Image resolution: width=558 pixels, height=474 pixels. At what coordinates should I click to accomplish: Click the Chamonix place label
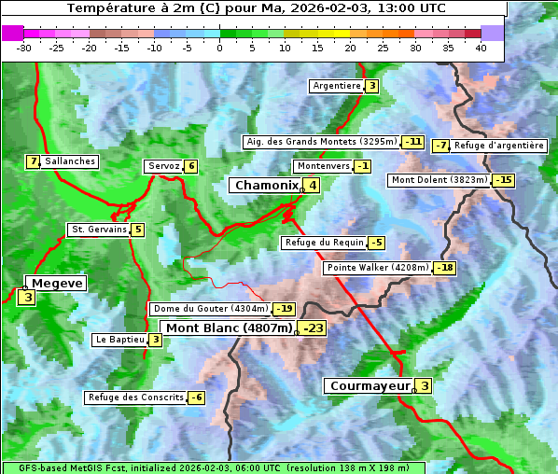point(266,186)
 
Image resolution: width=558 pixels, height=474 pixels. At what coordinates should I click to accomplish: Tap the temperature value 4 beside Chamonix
point(313,186)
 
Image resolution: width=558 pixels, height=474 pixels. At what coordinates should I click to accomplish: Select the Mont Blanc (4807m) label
point(229,328)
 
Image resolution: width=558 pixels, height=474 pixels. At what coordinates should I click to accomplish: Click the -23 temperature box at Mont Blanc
point(313,328)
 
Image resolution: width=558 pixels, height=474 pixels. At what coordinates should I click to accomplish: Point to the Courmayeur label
point(370,386)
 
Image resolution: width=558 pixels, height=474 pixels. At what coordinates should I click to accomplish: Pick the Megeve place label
point(57,283)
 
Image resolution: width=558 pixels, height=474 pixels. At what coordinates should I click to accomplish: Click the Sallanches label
point(70,161)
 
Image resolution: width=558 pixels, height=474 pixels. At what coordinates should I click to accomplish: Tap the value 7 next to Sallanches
point(34,161)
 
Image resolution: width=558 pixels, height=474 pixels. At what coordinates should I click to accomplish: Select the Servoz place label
point(163,166)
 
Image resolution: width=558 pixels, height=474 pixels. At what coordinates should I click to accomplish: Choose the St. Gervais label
point(98,230)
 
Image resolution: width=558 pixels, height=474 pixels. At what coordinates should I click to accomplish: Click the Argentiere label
point(337,86)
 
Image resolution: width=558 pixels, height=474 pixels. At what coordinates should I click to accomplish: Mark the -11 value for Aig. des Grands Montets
point(413,142)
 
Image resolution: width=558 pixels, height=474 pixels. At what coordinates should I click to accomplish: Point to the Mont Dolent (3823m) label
point(439,180)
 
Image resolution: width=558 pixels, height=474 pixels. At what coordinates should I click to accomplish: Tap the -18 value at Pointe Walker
point(445,268)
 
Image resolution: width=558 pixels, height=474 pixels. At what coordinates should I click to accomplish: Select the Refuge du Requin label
point(324,243)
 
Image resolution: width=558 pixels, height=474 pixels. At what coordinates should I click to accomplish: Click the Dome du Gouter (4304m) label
point(211,309)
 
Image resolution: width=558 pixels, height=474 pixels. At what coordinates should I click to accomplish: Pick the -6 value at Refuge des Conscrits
point(196,397)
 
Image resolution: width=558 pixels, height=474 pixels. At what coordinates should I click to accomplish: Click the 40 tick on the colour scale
point(481,48)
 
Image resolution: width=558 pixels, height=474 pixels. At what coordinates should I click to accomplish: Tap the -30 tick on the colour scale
point(24,48)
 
